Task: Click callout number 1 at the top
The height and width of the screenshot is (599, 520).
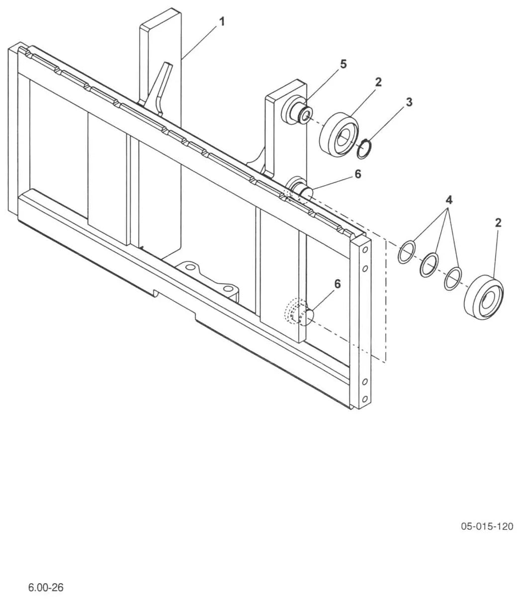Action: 222,22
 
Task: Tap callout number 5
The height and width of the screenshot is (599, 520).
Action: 343,64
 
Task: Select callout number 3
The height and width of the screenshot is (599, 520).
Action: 409,102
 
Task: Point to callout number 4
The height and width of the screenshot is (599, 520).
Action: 449,200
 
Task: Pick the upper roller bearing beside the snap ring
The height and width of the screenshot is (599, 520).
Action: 339,134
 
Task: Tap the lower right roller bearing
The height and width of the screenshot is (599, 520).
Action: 484,297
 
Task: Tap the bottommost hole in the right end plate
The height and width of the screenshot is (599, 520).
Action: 364,399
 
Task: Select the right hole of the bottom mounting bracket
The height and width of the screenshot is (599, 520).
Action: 227,289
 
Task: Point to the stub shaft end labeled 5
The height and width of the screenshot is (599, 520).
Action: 306,114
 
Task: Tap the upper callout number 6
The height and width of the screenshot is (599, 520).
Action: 358,174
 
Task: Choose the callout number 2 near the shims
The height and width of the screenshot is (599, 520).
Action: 498,223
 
